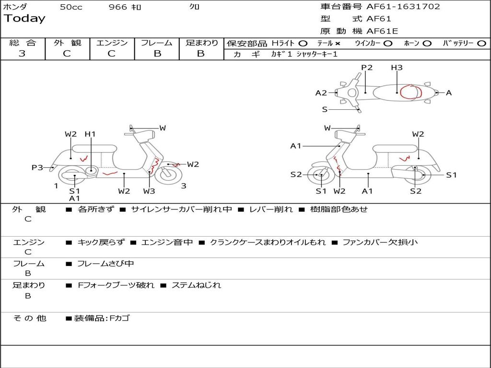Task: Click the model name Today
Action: pyautogui.click(x=24, y=19)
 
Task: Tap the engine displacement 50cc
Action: pyautogui.click(x=71, y=7)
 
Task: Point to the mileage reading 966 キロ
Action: pyautogui.click(x=126, y=7)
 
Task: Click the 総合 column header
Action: pyautogui.click(x=23, y=43)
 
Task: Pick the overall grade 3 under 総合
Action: pyautogui.click(x=22, y=54)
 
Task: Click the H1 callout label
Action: pyautogui.click(x=90, y=134)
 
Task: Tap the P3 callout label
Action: pyautogui.click(x=37, y=168)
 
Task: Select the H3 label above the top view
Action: pyautogui.click(x=397, y=68)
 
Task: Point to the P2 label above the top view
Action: pyautogui.click(x=367, y=68)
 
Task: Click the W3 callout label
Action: pyautogui.click(x=149, y=191)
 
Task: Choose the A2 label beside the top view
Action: pyautogui.click(x=321, y=93)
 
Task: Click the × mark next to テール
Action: pyautogui.click(x=337, y=43)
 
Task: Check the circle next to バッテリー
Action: pyautogui.click(x=481, y=43)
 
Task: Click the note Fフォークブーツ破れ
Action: pyautogui.click(x=116, y=285)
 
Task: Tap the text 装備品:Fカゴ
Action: pyautogui.click(x=102, y=318)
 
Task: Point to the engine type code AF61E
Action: pyautogui.click(x=382, y=31)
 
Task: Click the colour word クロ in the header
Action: pyautogui.click(x=195, y=7)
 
